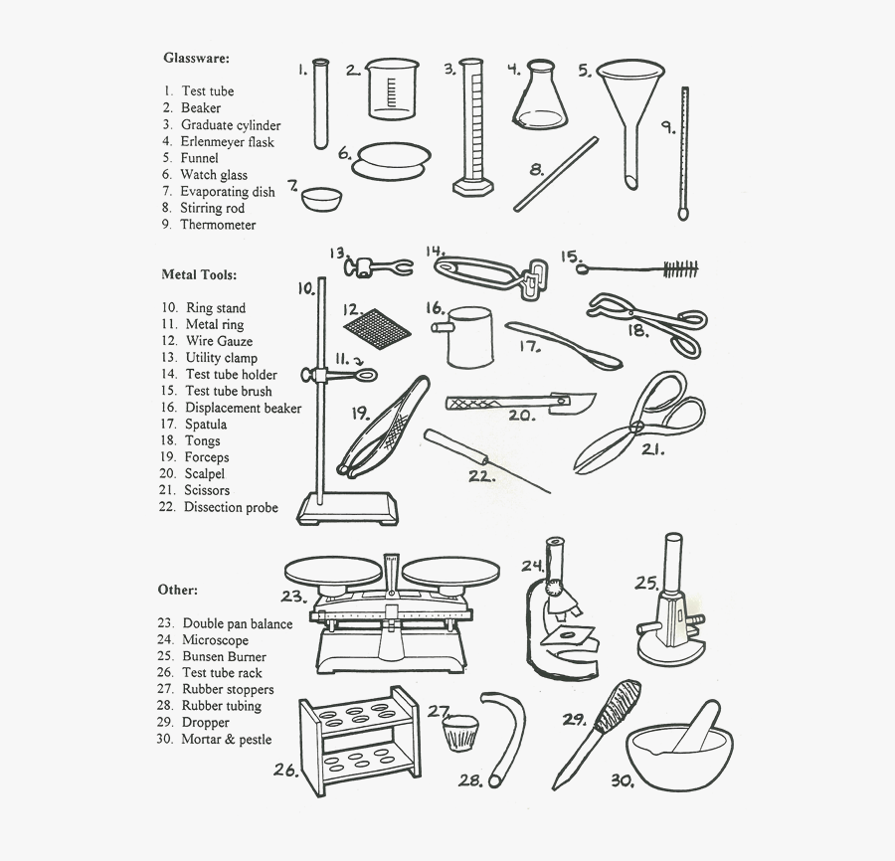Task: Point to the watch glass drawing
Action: coord(395,157)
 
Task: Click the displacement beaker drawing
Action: coord(466,335)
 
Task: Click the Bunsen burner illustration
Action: coord(671,611)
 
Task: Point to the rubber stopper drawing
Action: coord(459,736)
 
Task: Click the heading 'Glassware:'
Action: coord(196,58)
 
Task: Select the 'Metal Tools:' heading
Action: coord(199,274)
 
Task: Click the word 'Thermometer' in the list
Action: coord(218,225)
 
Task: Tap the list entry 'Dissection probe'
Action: coord(231,507)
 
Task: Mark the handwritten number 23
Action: coord(291,597)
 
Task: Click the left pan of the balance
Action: coord(331,571)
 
